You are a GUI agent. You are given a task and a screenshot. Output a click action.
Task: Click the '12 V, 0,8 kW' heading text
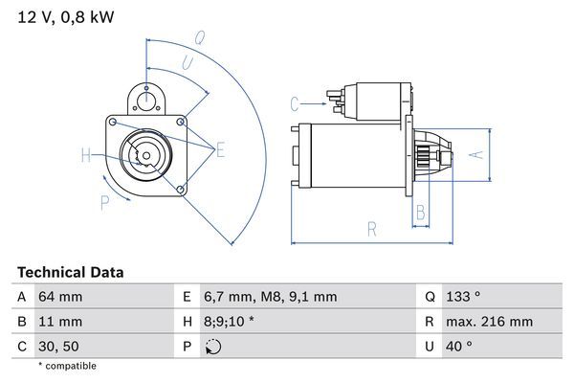(x=59, y=17)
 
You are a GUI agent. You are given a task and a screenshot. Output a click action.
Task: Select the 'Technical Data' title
(x=70, y=272)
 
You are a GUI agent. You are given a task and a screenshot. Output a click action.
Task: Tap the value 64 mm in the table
(x=59, y=297)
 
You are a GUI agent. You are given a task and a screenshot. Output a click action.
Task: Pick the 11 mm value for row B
(x=59, y=322)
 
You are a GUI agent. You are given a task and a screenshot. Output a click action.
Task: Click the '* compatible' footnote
(x=67, y=366)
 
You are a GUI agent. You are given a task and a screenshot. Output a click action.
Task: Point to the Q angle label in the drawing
(x=199, y=39)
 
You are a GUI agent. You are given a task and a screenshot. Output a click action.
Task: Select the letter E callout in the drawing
(x=221, y=149)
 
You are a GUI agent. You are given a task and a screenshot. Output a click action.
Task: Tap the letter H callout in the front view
(x=86, y=155)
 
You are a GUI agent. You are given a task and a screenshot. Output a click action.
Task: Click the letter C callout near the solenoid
(x=295, y=102)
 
